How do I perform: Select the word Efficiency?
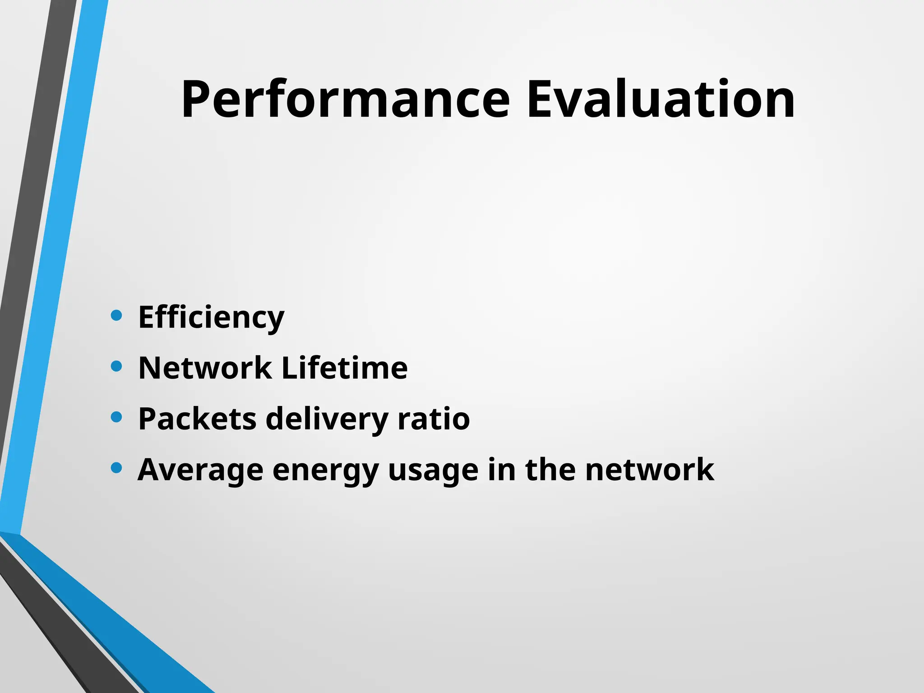coord(211,318)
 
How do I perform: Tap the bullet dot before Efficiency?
coord(116,315)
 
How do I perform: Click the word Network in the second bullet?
coord(205,368)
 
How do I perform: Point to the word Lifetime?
coord(344,368)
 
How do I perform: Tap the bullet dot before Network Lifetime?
coord(116,366)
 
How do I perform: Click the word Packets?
coord(197,419)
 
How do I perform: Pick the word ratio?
coord(434,419)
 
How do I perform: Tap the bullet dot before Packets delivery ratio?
coord(116,417)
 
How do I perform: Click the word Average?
coord(200,471)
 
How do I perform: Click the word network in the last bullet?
coord(649,470)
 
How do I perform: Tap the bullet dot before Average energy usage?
coord(116,468)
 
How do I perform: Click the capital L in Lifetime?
coord(289,368)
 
